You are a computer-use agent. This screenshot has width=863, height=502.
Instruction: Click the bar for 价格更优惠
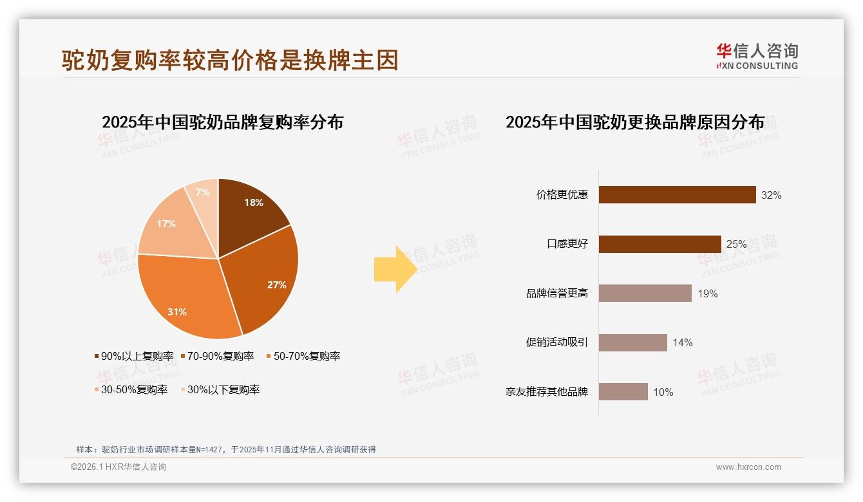677,194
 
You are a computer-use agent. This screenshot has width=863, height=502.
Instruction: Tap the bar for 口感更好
659,244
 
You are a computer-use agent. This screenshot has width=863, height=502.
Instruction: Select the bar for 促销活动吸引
632,342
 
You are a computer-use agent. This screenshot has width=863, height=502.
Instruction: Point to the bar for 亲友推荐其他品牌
623,391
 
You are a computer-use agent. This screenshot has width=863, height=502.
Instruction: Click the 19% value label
708,293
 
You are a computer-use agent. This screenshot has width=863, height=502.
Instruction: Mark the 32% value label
771,195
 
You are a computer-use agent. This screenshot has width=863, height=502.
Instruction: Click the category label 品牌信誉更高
557,293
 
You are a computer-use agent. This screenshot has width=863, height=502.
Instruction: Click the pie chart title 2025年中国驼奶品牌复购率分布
222,122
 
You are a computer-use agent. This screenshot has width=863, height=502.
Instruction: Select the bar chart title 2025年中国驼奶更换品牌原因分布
635,122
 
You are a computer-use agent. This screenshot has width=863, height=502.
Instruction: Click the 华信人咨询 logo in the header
757,56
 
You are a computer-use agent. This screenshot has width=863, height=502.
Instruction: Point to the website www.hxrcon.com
748,467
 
